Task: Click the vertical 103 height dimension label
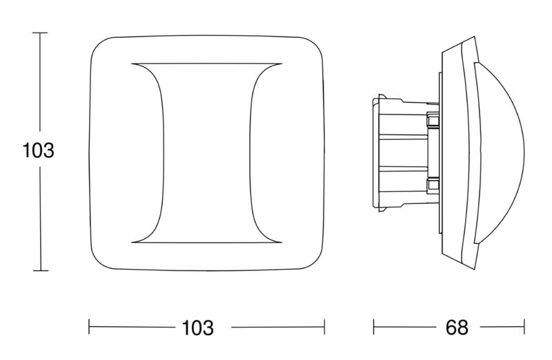(x=38, y=150)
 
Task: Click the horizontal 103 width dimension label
(x=197, y=328)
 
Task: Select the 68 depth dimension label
(x=457, y=328)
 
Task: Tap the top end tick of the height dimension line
(x=40, y=32)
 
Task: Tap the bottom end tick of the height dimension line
(x=41, y=270)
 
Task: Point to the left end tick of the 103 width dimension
(x=89, y=327)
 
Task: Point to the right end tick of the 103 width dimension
(x=324, y=327)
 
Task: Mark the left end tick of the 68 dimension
(x=373, y=327)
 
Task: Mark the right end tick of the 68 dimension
(x=524, y=327)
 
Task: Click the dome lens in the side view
(x=500, y=153)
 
